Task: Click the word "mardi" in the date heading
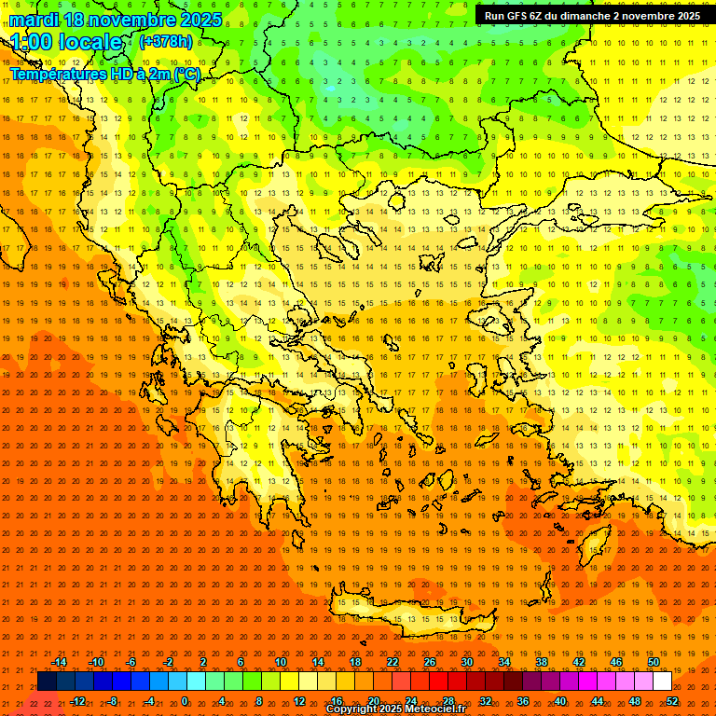[x=35, y=20]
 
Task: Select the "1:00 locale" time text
[x=67, y=42]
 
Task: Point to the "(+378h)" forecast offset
[x=166, y=42]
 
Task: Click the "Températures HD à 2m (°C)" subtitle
[x=105, y=73]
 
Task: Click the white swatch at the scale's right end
[x=662, y=682]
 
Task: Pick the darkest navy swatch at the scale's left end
[x=48, y=682]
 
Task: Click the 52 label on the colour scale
[x=672, y=701]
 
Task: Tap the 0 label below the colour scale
[x=184, y=701]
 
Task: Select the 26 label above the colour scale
[x=430, y=662]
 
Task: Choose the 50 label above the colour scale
[x=654, y=662]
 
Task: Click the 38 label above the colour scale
[x=542, y=662]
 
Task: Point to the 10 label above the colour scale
[x=281, y=662]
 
